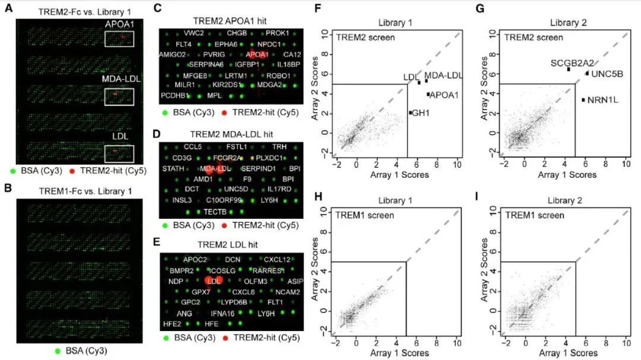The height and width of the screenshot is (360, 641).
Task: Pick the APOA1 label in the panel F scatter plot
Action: click(443, 94)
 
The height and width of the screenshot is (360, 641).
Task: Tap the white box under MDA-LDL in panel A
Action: click(119, 97)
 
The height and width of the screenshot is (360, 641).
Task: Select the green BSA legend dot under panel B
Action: click(61, 351)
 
